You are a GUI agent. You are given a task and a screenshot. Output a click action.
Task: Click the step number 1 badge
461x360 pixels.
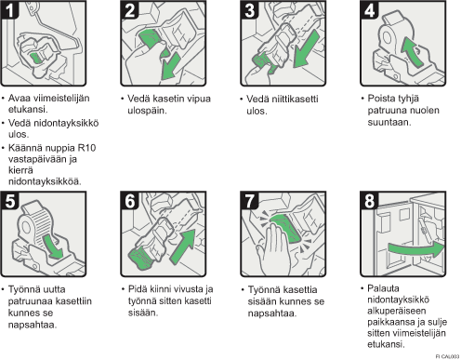[9, 10]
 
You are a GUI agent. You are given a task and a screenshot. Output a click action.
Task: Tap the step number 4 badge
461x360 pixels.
[369, 10]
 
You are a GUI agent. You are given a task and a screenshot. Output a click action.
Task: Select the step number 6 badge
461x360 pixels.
[129, 201]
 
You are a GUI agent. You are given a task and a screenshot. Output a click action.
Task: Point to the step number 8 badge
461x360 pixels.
[369, 201]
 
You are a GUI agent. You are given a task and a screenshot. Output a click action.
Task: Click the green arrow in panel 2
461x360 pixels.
[170, 67]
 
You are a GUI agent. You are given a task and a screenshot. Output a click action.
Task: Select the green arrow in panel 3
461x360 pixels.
[306, 49]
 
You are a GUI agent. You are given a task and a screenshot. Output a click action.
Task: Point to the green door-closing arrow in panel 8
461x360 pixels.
[416, 249]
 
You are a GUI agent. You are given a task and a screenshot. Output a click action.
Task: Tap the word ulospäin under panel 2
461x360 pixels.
[147, 111]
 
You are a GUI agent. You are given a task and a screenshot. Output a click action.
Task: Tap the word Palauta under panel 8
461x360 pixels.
[383, 288]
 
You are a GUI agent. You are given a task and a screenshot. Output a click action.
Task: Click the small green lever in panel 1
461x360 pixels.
[36, 58]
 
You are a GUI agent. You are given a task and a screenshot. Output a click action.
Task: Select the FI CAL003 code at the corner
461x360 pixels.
[447, 356]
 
